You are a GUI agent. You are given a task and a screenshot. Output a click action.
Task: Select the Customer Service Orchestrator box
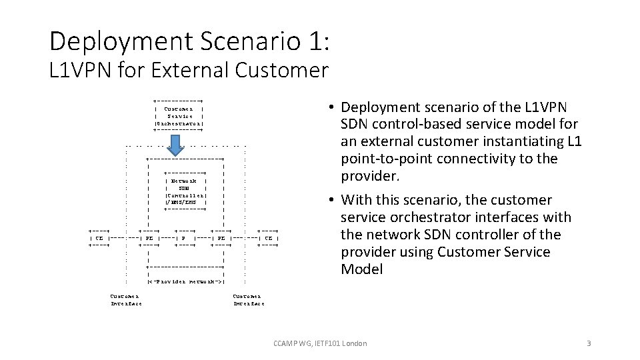click(178, 115)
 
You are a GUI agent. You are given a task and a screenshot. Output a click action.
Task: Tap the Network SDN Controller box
click(185, 191)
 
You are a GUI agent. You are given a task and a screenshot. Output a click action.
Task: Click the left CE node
click(99, 237)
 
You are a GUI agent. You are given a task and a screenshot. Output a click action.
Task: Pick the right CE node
click(268, 237)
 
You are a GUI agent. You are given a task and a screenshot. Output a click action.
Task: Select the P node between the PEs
click(184, 237)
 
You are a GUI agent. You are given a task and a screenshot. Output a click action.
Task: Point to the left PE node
click(149, 237)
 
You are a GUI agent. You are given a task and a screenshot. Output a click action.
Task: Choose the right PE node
click(220, 237)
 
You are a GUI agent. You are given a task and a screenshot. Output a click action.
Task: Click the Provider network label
click(185, 282)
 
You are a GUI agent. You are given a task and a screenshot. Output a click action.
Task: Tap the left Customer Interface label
click(125, 299)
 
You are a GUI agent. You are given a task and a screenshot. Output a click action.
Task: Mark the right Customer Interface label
click(248, 299)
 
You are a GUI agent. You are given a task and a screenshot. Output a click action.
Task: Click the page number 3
click(589, 343)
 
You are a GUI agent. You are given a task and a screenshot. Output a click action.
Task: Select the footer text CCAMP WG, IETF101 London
click(320, 343)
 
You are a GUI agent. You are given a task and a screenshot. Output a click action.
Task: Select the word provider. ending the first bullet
click(368, 176)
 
